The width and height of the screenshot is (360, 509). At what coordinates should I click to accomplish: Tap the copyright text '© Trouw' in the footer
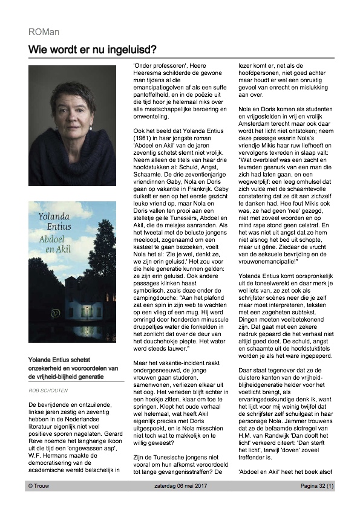pos(41,485)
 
